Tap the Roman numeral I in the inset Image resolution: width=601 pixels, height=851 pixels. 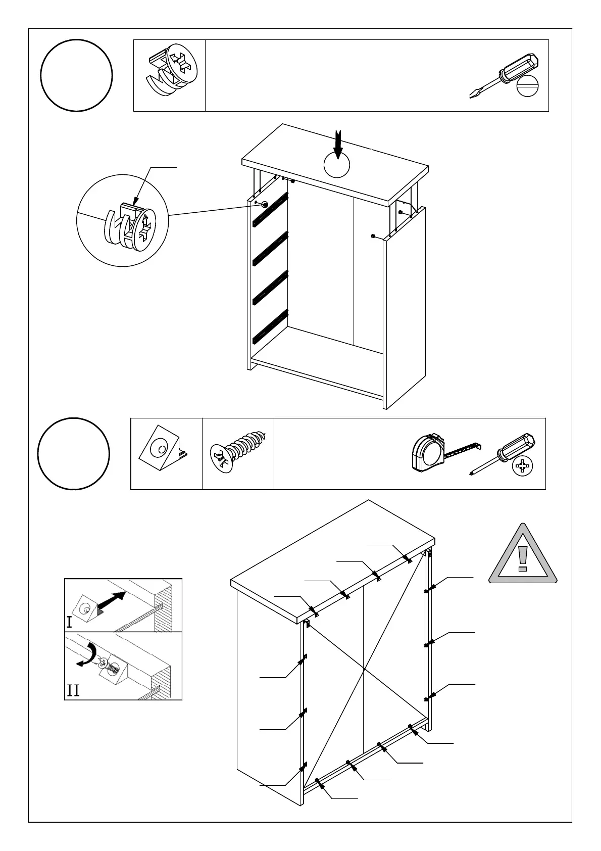coord(69,621)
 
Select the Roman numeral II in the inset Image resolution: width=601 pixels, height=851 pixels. coord(73,690)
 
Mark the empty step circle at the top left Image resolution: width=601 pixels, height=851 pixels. coord(76,75)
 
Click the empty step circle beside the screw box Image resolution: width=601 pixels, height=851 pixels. coord(74,453)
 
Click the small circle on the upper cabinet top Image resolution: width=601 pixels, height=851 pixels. coord(337,165)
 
